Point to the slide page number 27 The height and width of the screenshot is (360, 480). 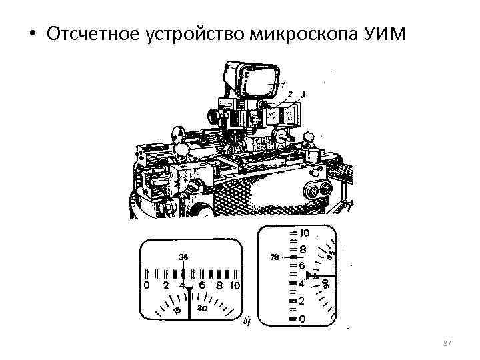point(447,343)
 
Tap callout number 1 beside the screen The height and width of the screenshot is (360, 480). point(283,85)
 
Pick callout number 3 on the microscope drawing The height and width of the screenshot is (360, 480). point(303,94)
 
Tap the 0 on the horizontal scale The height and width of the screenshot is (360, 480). point(147,285)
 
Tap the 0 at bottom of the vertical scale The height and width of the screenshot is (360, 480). point(302,319)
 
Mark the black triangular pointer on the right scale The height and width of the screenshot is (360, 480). point(309,275)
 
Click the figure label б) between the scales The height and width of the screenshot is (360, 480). point(247,323)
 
